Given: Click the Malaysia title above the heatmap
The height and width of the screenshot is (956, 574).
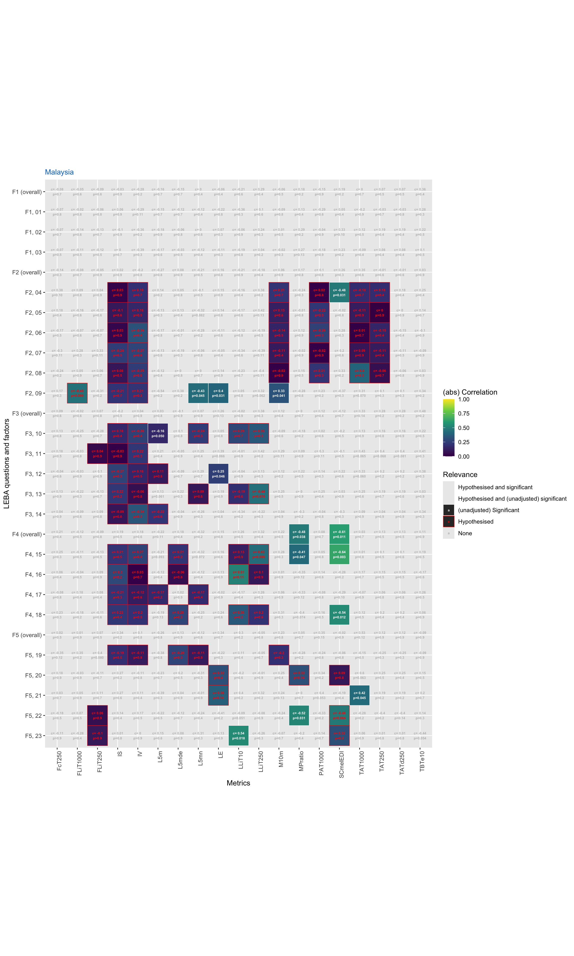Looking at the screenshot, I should [59, 172].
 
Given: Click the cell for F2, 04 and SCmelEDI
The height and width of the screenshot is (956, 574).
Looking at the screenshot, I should [339, 293].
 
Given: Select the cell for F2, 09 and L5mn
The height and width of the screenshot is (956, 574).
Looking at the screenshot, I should [198, 393].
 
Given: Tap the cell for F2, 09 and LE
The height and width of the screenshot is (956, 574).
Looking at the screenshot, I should [218, 393].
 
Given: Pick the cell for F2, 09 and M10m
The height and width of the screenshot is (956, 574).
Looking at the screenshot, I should [279, 393].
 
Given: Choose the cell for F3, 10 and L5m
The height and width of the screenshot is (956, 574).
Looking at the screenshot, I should [158, 434].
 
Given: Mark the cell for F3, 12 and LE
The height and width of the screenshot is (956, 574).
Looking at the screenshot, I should [218, 474].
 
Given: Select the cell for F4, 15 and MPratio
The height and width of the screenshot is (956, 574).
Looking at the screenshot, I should [299, 554].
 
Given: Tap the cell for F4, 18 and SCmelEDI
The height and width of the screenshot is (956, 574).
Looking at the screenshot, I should [339, 615].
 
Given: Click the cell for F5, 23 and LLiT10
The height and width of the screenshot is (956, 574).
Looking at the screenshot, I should [238, 735].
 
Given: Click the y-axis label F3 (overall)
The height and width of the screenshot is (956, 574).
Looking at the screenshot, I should [27, 414].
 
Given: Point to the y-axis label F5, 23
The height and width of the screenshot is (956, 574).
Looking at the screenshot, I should [33, 736].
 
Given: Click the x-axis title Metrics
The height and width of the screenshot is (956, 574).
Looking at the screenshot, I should [238, 783].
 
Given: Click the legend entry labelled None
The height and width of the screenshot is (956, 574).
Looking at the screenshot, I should [465, 533].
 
